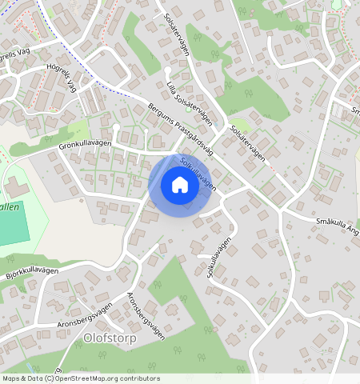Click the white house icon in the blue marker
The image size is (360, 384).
click(180, 186)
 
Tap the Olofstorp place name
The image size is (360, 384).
click(110, 338)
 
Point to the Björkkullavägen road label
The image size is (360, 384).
click(34, 272)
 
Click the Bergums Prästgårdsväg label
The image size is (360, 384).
click(182, 126)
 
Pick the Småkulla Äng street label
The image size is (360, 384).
click(337, 227)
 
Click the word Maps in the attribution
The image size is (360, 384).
click(10, 378)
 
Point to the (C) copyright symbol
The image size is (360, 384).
click(50, 378)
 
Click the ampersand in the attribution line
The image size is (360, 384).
click(23, 378)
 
